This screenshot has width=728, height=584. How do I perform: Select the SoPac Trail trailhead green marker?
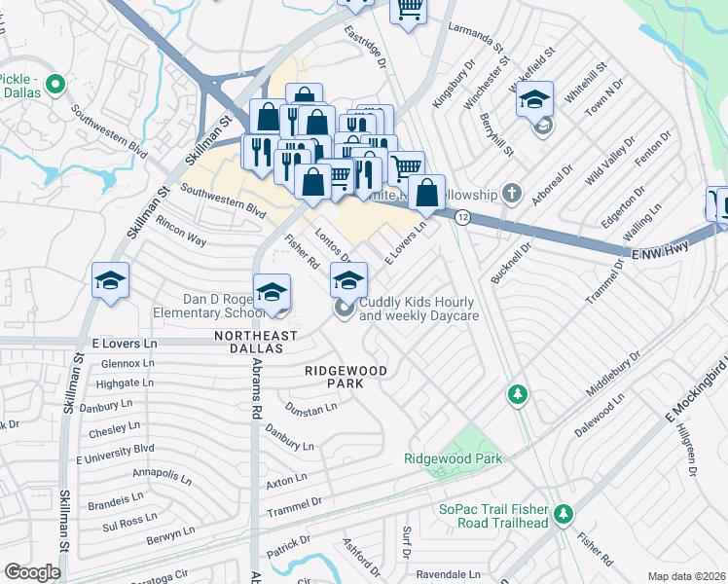point(562,513)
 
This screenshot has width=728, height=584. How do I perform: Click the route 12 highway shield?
point(462,218)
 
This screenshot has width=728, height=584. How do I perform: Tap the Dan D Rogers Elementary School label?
point(208,307)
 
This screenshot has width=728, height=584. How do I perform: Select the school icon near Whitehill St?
point(534,99)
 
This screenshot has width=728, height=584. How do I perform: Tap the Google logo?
point(31,571)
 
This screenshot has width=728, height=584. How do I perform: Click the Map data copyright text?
point(686,576)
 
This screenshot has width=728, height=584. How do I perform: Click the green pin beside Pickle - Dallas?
point(55,85)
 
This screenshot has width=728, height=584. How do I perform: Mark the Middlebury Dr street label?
point(614,374)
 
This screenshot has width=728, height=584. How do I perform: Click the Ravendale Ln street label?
point(449,574)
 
